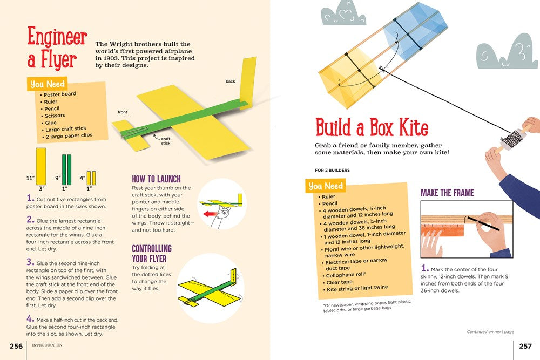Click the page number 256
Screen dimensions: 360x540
(16, 346)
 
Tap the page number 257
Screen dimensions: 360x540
(525, 346)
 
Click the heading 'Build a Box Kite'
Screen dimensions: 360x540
(372, 127)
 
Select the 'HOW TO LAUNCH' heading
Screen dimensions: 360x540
(156, 179)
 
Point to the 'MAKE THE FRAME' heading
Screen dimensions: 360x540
(447, 193)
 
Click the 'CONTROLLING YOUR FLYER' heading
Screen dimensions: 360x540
(152, 253)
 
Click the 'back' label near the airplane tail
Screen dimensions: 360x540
(231, 81)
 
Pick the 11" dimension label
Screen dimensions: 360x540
(30, 177)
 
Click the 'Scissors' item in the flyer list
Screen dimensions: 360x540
(55, 116)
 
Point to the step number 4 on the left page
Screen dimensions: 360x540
(30, 319)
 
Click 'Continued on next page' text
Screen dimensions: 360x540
(490, 331)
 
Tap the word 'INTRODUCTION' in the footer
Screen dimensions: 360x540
(47, 345)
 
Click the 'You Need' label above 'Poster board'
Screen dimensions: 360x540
(48, 84)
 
